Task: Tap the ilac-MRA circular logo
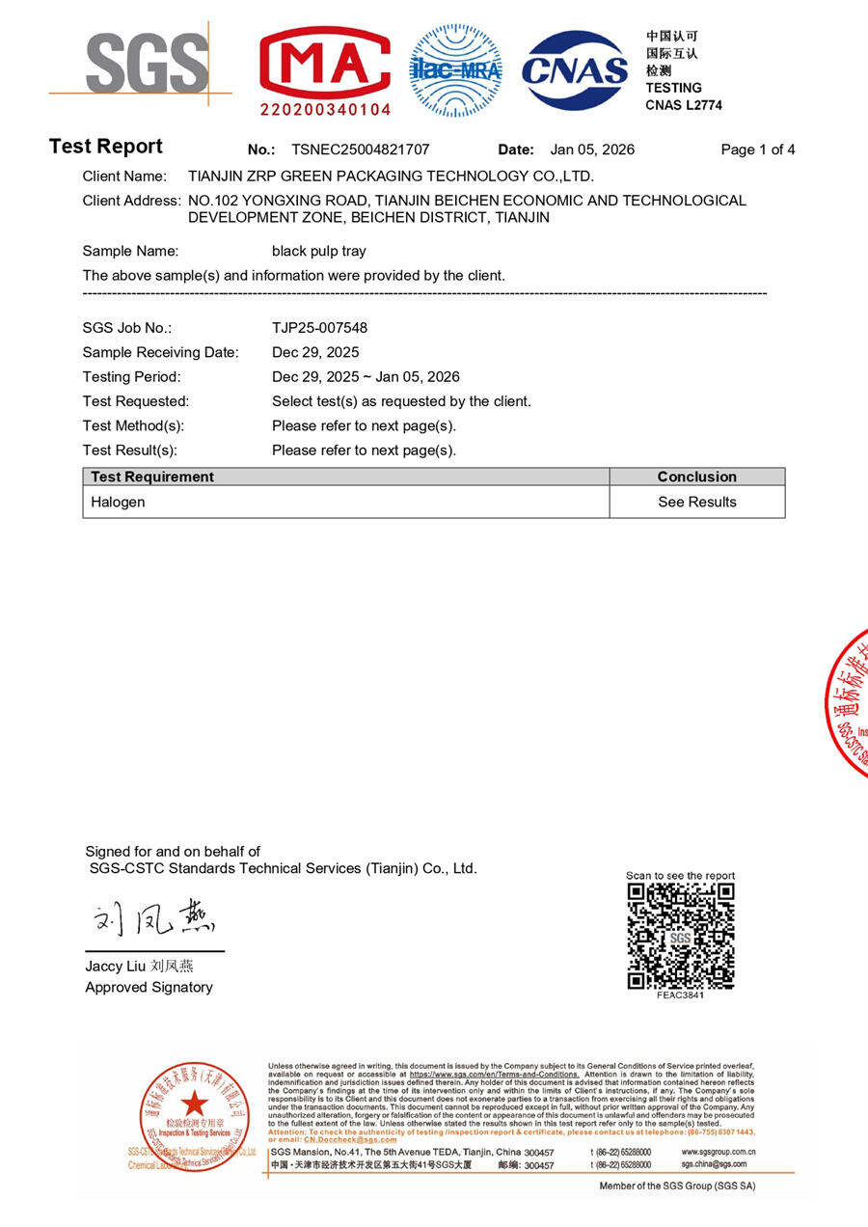pyautogui.click(x=455, y=70)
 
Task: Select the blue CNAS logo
pyautogui.click(x=575, y=69)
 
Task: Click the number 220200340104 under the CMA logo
pyautogui.click(x=325, y=110)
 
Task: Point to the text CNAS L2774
pyautogui.click(x=683, y=105)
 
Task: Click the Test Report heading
pyautogui.click(x=106, y=147)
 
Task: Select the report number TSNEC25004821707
pyautogui.click(x=360, y=150)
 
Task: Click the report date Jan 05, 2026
pyautogui.click(x=592, y=150)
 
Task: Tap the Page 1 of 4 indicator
pyautogui.click(x=757, y=150)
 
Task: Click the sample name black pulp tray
pyautogui.click(x=319, y=251)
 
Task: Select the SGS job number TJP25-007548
pyautogui.click(x=319, y=328)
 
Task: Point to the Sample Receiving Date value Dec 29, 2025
pyautogui.click(x=315, y=352)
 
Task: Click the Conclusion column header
pyautogui.click(x=696, y=477)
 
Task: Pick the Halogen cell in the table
pyautogui.click(x=118, y=502)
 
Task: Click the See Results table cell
pyautogui.click(x=696, y=502)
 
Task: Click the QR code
pyautogui.click(x=680, y=936)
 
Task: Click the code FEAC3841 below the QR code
pyautogui.click(x=680, y=995)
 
